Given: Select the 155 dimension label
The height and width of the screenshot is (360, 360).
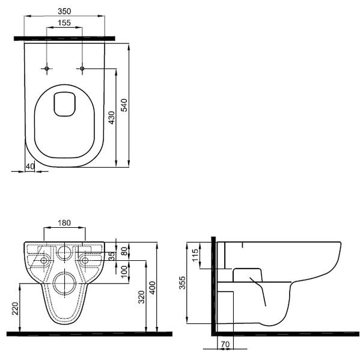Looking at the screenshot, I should pos(64,23).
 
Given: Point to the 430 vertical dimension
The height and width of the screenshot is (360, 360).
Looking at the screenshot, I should pos(111,117).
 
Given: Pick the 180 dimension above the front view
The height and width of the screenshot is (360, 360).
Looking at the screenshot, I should pos(64,223).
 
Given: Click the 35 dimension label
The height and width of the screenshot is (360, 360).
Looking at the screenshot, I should pos(111,256).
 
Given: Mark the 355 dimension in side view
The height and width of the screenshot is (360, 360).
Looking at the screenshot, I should pos(183,284).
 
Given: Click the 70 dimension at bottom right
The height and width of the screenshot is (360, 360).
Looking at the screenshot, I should pos(225,344).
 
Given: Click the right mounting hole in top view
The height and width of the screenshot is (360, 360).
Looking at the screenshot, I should pos(82,69).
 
